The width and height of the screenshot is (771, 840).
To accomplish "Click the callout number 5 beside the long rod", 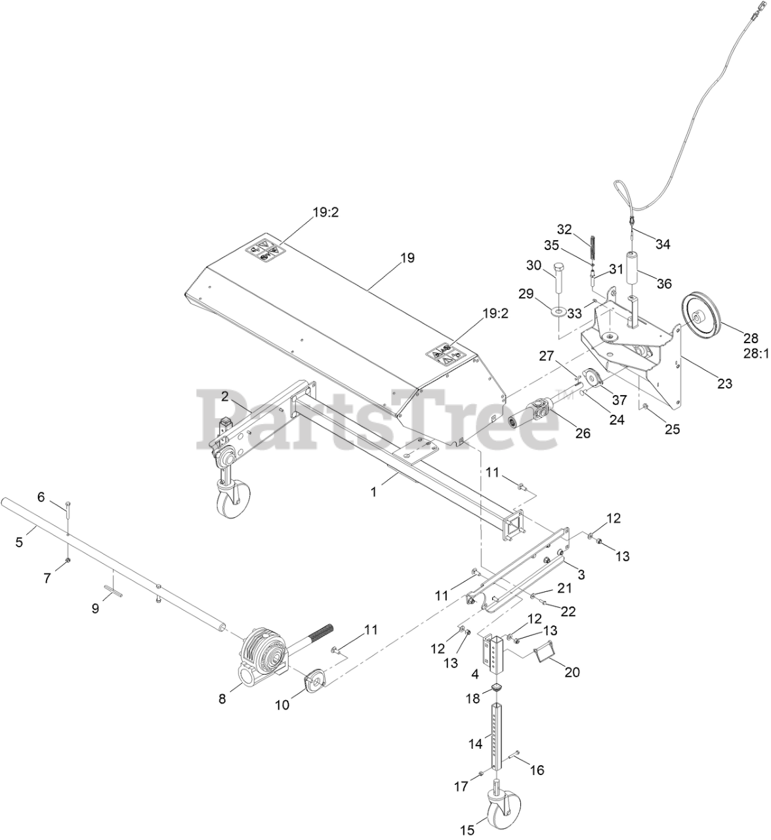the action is click(19, 542).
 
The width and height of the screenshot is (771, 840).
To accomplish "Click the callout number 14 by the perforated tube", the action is click(475, 744).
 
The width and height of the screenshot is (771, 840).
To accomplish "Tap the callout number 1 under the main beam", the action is click(373, 490).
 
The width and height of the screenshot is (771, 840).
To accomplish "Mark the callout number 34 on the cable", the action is click(663, 244).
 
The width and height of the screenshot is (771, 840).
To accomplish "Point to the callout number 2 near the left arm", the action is click(224, 396).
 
